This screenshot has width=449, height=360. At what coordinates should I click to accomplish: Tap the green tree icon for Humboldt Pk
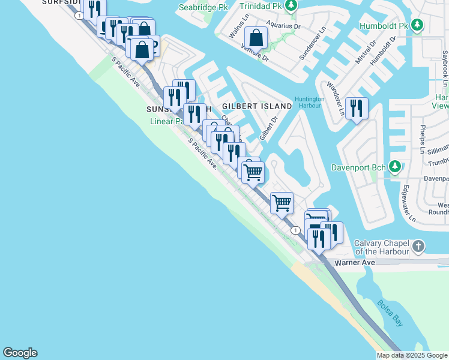(x=418, y=26)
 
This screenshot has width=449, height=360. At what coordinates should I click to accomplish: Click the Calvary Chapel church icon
(x=418, y=246)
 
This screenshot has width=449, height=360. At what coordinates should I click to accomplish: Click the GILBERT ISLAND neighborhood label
(x=256, y=106)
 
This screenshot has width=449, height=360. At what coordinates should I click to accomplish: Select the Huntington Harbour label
(x=310, y=103)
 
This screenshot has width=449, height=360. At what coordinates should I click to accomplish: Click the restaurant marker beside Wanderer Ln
(x=357, y=109)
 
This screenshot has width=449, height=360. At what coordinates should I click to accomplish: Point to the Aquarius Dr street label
(x=283, y=26)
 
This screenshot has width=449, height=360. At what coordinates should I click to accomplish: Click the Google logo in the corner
(x=20, y=353)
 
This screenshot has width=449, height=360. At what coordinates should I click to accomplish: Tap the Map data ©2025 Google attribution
(x=412, y=355)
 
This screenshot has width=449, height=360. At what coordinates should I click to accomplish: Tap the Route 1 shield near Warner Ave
(x=295, y=230)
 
